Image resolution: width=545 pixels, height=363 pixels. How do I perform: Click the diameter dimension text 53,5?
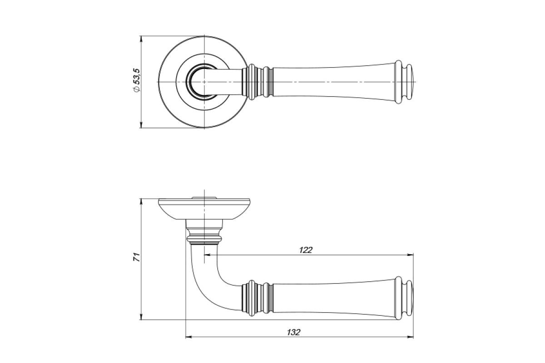(x=137, y=76)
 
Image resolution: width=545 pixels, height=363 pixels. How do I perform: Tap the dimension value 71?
(x=137, y=257)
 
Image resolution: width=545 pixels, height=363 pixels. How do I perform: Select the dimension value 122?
(x=306, y=250)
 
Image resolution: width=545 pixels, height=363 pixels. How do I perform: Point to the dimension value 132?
(x=294, y=332)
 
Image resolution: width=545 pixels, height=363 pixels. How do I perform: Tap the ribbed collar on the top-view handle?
(x=258, y=82)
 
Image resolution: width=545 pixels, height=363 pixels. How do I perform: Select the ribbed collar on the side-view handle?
(x=258, y=298)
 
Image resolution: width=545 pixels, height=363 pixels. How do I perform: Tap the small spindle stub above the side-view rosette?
(x=204, y=197)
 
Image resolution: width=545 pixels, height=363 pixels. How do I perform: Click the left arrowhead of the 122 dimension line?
(x=207, y=255)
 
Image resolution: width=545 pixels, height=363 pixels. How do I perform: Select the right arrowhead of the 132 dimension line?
(x=411, y=337)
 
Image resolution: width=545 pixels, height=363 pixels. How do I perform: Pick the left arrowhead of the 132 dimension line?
(x=188, y=337)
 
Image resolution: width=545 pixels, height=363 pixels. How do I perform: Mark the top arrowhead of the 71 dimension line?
(x=141, y=202)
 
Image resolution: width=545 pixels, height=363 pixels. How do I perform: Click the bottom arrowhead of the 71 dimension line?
(x=141, y=317)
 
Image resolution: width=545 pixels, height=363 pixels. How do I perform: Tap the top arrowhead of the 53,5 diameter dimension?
(x=141, y=39)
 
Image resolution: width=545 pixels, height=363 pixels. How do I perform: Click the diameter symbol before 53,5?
(x=137, y=89)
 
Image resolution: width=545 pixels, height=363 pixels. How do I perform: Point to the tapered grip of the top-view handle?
(x=334, y=82)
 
